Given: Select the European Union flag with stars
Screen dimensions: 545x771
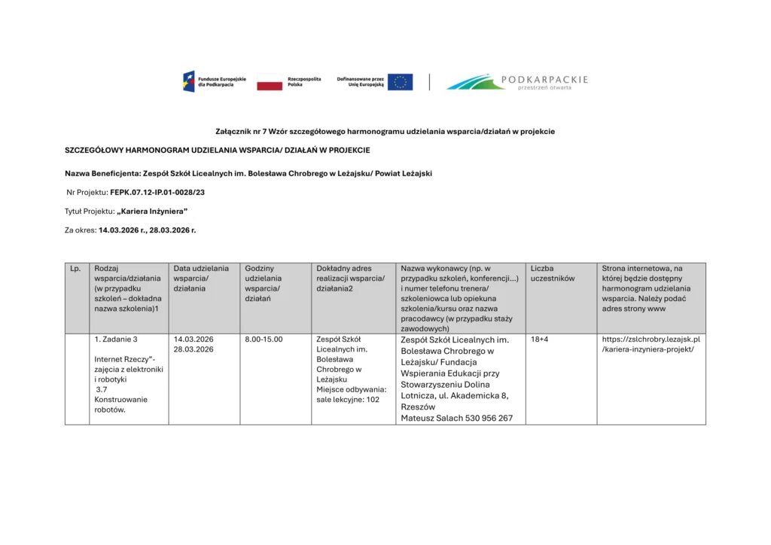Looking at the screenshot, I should [400, 82].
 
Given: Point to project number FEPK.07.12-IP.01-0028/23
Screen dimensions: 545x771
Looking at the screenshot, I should [157, 193].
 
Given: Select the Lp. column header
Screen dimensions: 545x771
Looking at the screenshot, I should [75, 268].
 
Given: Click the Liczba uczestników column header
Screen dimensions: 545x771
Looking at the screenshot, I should [553, 273].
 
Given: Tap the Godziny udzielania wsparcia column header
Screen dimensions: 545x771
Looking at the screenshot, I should [263, 283].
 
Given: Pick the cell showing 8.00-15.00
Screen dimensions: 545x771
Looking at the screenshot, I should [264, 339].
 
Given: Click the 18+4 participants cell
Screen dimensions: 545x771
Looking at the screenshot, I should [539, 339].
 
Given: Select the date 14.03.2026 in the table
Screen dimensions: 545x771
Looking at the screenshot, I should [194, 339].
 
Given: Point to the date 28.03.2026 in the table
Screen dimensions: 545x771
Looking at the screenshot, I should [194, 349].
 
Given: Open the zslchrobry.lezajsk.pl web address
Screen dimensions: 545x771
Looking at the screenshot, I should [651, 344].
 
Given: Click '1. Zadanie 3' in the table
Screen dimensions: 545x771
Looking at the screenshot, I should [116, 339].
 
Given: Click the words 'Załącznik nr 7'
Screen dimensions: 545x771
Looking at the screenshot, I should [241, 131].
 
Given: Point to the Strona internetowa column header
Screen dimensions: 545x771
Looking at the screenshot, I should [642, 268].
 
